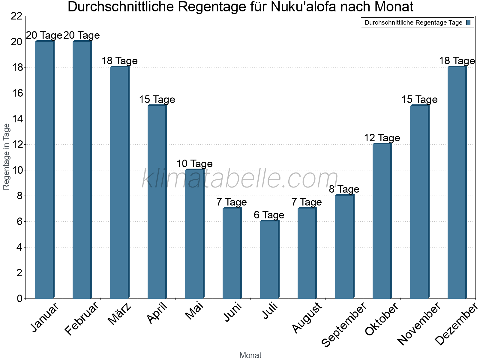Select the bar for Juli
point(269,260)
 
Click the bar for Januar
point(44,170)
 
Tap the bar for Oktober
point(382,221)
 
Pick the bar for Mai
point(194,234)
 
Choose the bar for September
point(344,247)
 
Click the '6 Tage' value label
point(269,215)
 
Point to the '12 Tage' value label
point(382,138)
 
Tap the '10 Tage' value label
point(194,164)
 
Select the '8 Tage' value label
point(344,189)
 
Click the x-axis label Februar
point(82,319)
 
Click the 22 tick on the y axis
point(16,16)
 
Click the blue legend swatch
point(469,22)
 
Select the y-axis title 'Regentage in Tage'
point(6,157)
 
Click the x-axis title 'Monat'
point(250,355)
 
